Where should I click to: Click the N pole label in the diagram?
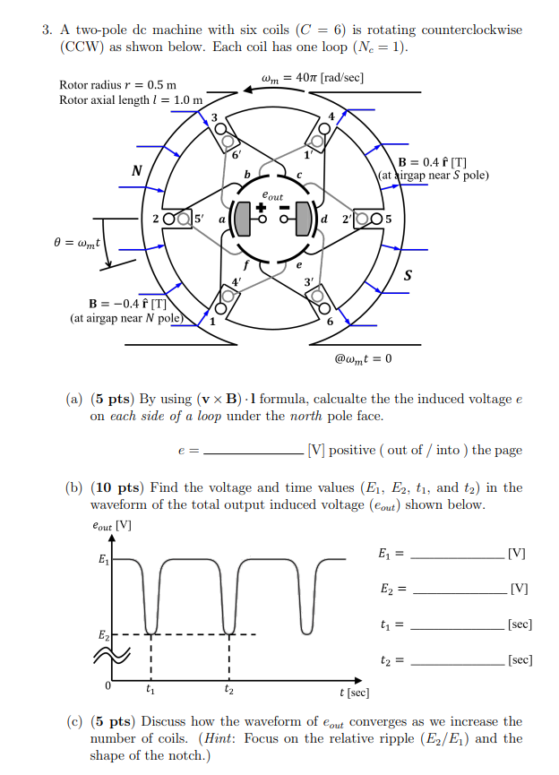point(136,169)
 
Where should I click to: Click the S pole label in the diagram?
point(408,274)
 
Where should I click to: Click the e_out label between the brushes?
point(271,195)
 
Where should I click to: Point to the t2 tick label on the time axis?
point(229,691)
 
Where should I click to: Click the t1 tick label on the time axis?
point(150,691)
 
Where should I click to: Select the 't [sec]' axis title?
point(354,693)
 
